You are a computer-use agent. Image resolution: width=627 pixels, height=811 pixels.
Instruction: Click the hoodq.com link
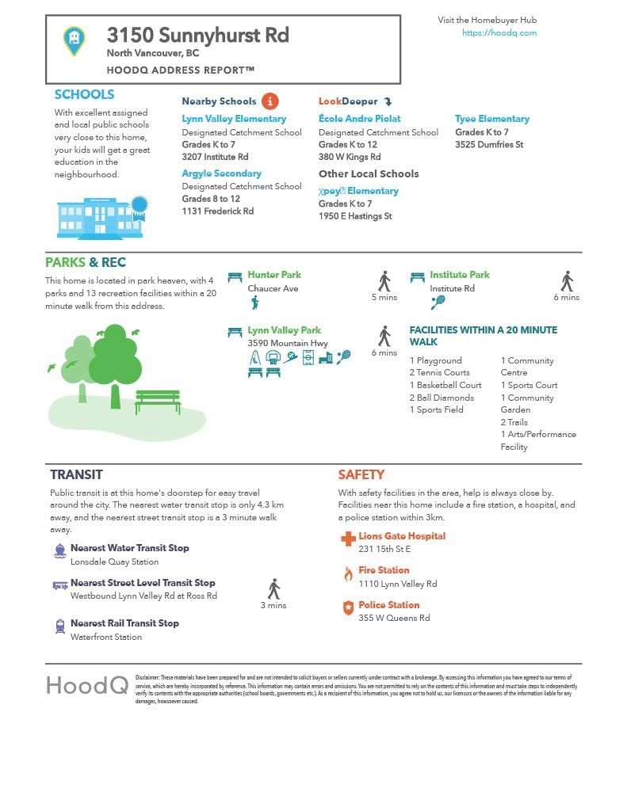[x=499, y=33]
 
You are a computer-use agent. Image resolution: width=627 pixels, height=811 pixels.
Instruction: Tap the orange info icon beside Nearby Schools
[x=270, y=101]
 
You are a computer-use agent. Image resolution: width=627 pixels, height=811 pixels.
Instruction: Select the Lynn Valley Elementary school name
[x=234, y=119]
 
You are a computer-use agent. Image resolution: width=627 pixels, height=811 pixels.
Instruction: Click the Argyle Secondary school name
[x=221, y=173]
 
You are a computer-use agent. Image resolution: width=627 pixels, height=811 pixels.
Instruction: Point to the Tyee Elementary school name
[x=491, y=119]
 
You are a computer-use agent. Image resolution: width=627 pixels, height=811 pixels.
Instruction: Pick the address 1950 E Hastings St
[x=355, y=216]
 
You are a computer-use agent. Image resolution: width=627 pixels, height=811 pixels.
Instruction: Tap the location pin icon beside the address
[x=75, y=40]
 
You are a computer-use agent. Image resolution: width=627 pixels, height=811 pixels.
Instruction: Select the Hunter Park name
[x=274, y=275]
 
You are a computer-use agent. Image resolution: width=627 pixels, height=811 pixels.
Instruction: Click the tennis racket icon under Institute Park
[x=438, y=302]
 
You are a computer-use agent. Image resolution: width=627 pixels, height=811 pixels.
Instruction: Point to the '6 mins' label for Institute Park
[x=566, y=298]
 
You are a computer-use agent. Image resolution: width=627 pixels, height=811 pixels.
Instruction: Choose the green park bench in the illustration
[x=158, y=401]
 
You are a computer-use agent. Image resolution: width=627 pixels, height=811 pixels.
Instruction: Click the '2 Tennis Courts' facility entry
[x=440, y=373]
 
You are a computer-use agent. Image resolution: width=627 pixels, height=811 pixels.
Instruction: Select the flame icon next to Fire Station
[x=347, y=574]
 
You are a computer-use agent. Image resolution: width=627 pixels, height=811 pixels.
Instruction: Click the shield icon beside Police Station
[x=347, y=608]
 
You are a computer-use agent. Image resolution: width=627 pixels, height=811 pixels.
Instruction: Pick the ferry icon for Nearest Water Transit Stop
[x=60, y=551]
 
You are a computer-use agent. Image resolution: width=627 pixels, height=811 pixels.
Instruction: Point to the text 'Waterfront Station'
[x=106, y=637]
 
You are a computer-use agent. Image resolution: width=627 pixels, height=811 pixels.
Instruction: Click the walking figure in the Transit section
[x=274, y=588]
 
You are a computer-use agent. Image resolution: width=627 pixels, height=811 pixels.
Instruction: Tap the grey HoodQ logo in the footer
[x=86, y=685]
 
